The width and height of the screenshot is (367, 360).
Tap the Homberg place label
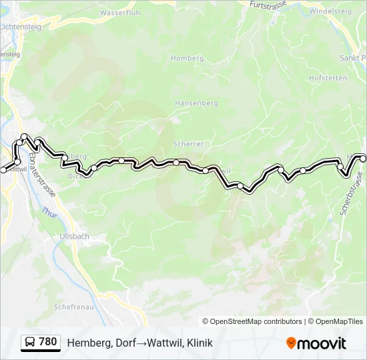click(187, 59)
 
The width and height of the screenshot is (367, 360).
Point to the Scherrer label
click(188, 143)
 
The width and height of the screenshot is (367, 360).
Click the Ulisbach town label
click(74, 236)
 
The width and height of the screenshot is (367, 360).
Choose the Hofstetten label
click(328, 78)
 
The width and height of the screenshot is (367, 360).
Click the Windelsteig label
click(330, 11)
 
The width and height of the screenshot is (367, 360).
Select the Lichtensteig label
click(21, 25)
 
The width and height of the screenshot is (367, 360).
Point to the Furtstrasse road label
click(267, 5)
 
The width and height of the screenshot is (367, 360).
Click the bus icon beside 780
click(30, 343)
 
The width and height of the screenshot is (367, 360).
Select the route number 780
click(48, 342)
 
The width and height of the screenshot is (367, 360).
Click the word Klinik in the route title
click(200, 343)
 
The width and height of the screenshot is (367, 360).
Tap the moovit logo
click(316, 343)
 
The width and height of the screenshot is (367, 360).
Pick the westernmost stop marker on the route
click(3, 170)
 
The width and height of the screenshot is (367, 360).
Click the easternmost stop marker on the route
click(363, 158)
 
